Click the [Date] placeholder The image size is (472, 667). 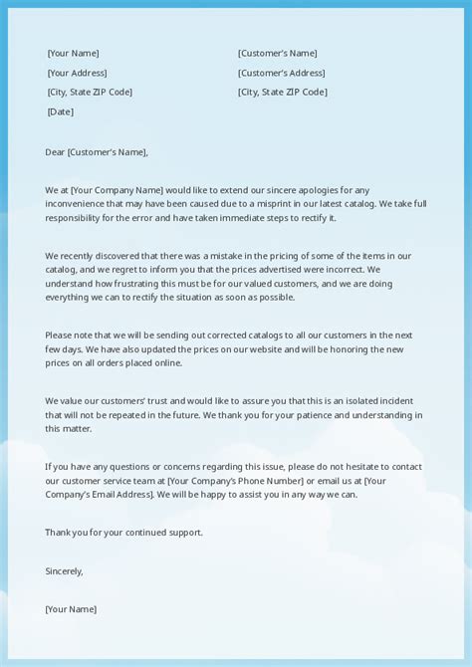click(x=60, y=111)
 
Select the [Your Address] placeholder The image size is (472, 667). click(x=77, y=73)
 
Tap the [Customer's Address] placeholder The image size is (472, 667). click(x=281, y=73)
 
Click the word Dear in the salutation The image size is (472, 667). click(x=55, y=152)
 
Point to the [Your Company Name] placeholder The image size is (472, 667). click(x=128, y=190)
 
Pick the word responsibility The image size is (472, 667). click(x=80, y=217)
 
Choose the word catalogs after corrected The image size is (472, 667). click(x=244, y=335)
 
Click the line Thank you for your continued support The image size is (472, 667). click(x=123, y=532)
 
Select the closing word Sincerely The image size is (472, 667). click(x=64, y=570)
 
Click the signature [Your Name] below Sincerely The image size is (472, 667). click(x=71, y=608)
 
